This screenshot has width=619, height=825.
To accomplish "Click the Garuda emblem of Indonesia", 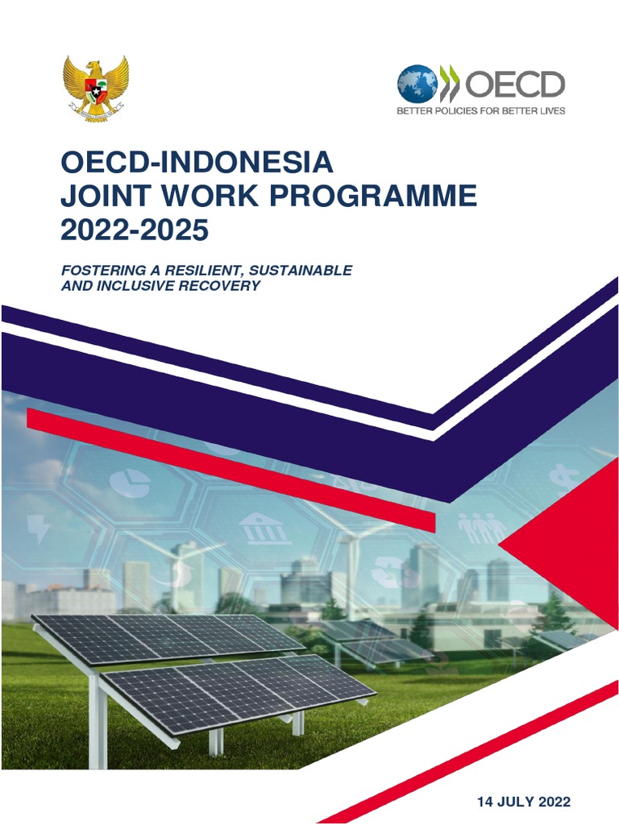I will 96,88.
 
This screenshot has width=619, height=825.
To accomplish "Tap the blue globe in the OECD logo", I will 417,83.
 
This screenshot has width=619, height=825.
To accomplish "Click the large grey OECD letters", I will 516,83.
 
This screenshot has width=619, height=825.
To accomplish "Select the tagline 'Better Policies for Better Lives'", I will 480,110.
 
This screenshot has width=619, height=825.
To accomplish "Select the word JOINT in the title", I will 104,197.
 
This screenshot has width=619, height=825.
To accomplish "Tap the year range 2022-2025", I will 135,230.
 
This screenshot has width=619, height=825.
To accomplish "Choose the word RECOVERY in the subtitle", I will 219,285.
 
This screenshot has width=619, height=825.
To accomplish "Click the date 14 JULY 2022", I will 524,802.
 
